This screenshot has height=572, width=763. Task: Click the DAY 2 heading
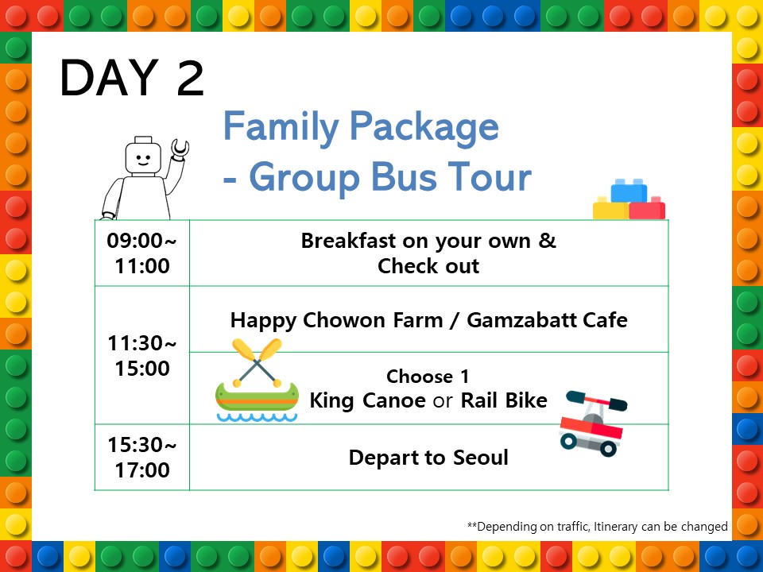coord(131,77)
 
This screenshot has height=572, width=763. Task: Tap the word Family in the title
coord(281,126)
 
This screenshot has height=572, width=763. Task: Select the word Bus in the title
coord(404,176)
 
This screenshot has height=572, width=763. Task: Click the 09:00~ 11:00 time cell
coord(141,253)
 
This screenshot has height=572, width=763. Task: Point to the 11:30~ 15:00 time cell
coord(141,356)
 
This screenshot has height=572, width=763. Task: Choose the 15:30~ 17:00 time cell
coord(141,458)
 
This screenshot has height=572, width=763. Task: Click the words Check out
coord(428,266)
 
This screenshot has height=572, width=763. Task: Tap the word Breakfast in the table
coord(348,241)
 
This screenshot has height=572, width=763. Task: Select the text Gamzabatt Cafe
coord(547,320)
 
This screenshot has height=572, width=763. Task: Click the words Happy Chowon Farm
coord(336,320)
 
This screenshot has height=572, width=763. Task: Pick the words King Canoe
coord(368,400)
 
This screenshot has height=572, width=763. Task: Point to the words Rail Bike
coord(504,400)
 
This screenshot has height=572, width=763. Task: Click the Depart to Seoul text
coord(428,458)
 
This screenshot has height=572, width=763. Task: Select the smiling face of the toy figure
coord(143,158)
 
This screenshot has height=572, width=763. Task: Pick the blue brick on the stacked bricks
coord(629,191)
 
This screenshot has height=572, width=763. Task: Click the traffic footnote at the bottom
coord(597,526)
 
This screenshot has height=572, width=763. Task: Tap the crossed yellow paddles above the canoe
coord(257,362)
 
